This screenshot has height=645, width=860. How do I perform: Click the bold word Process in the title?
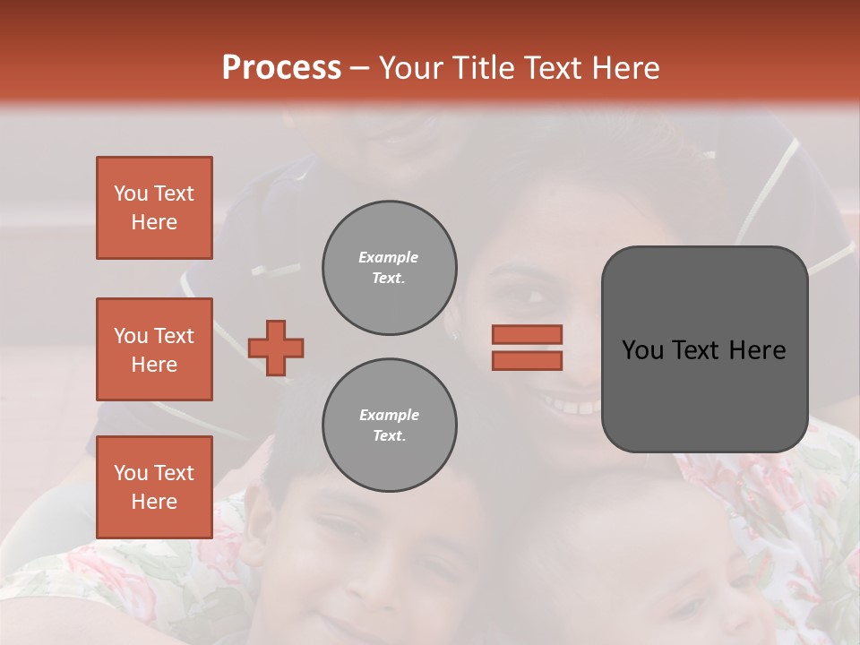(x=281, y=68)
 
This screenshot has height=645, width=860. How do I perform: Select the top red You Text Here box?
(x=154, y=208)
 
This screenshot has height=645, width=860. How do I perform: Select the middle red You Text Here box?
(x=154, y=349)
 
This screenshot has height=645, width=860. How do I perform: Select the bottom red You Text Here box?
(x=154, y=487)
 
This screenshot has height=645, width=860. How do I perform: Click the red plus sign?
(x=276, y=348)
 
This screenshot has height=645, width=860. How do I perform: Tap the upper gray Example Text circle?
(x=389, y=268)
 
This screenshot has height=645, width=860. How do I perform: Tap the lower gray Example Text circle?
(x=389, y=426)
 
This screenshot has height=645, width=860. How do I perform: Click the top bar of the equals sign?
(x=527, y=335)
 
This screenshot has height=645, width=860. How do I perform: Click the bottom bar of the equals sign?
(x=527, y=360)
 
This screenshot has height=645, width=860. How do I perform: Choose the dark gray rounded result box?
(x=704, y=349)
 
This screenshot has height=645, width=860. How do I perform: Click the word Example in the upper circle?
(x=389, y=258)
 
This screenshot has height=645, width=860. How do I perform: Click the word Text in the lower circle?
(x=389, y=436)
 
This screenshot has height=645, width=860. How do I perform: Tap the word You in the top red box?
(x=131, y=193)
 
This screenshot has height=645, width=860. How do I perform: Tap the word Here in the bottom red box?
(x=154, y=502)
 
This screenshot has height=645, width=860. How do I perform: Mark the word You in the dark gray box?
(x=642, y=350)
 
